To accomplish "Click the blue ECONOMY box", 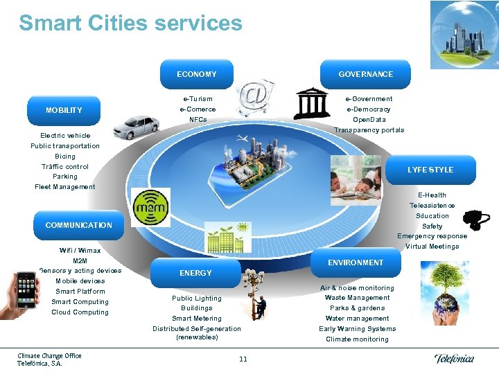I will pyautogui.click(x=196, y=74).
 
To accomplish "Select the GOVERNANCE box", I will pyautogui.click(x=365, y=74).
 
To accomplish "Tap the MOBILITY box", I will pyautogui.click(x=64, y=110).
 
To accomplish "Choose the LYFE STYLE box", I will pyautogui.click(x=430, y=170).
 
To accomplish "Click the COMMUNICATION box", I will pyautogui.click(x=78, y=225).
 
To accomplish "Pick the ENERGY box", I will pyautogui.click(x=195, y=273).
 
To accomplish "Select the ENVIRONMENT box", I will pyautogui.click(x=355, y=262).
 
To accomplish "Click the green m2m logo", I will pyautogui.click(x=150, y=206).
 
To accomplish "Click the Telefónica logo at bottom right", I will pyautogui.click(x=454, y=358).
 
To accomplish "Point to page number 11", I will pyautogui.click(x=243, y=359).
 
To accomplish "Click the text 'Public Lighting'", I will pyautogui.click(x=197, y=299).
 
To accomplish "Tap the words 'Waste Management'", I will pyautogui.click(x=357, y=298).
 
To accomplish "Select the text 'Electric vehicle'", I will pyautogui.click(x=65, y=136).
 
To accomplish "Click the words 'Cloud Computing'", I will pyautogui.click(x=80, y=312).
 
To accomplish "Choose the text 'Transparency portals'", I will pyautogui.click(x=369, y=130).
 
